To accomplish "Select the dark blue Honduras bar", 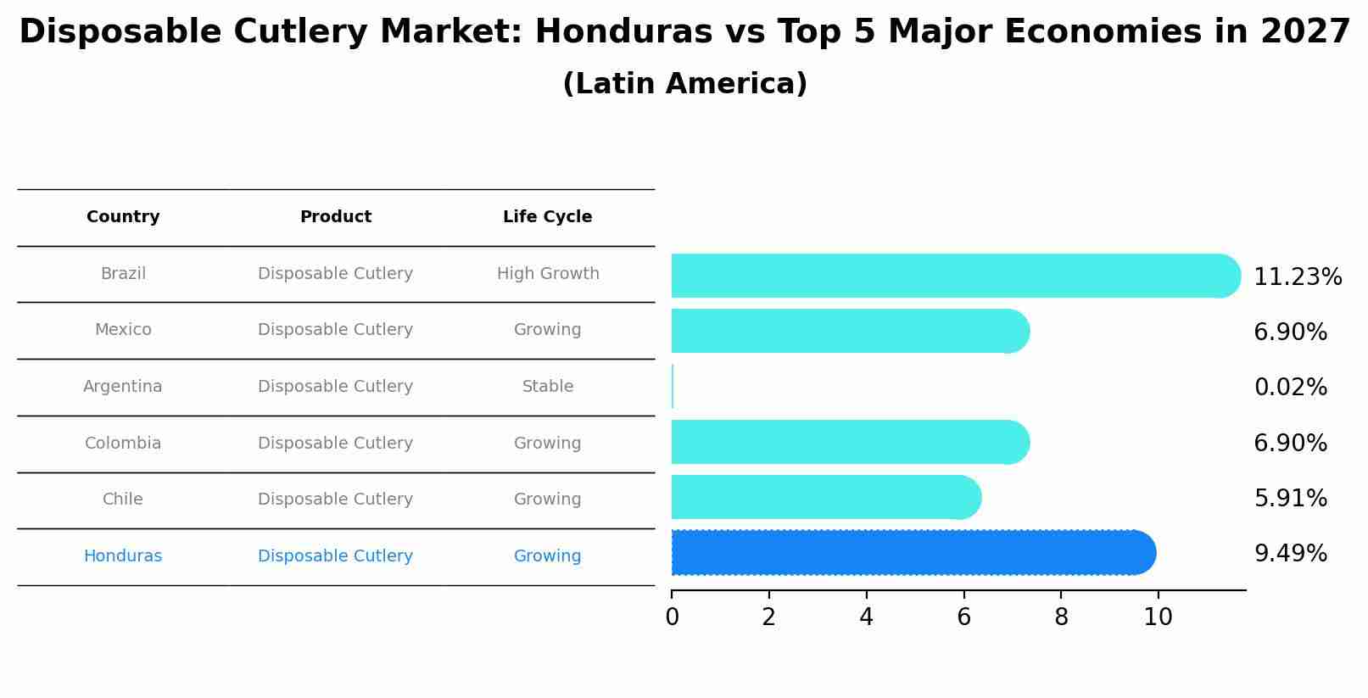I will (912, 553).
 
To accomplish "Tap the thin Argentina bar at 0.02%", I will (673, 387).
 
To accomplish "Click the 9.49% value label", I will (1290, 554).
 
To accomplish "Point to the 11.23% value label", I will (1297, 277).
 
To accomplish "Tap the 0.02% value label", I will (1290, 388).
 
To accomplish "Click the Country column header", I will (123, 217).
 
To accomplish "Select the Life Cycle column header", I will (547, 217).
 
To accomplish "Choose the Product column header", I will (336, 217).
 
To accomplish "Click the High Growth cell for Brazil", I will (548, 274).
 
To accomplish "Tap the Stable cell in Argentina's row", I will (548, 387).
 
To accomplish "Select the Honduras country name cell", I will (123, 556).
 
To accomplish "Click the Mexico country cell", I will (123, 330).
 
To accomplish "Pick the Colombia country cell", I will (123, 444).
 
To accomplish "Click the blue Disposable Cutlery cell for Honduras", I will (336, 556).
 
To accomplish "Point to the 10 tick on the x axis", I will (1158, 617).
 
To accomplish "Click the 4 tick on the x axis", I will (866, 617).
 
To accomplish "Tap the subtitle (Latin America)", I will (684, 84).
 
